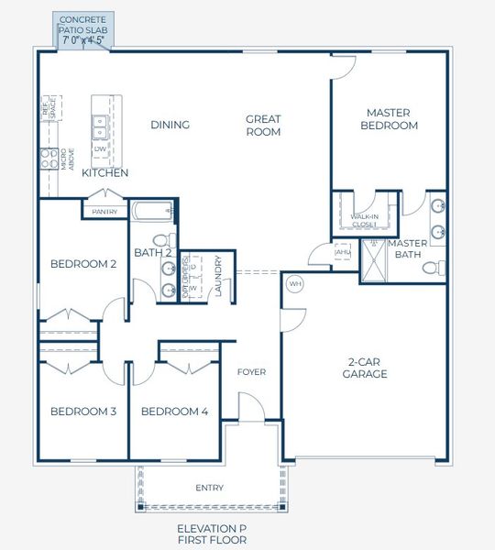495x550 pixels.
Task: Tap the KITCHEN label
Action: [104, 172]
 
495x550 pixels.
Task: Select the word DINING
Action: [170, 125]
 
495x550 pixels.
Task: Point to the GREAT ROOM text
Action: [262, 125]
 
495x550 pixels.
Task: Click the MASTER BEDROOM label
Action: [389, 119]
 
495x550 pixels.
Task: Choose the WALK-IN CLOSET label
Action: [365, 220]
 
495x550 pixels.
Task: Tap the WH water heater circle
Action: [295, 284]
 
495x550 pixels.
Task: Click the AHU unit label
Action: [343, 252]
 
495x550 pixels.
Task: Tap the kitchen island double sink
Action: [100, 124]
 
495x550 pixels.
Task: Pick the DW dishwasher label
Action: [100, 148]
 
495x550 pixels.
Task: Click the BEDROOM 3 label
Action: [82, 412]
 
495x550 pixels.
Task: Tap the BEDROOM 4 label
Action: [174, 412]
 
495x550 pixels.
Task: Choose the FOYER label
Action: [251, 372]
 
